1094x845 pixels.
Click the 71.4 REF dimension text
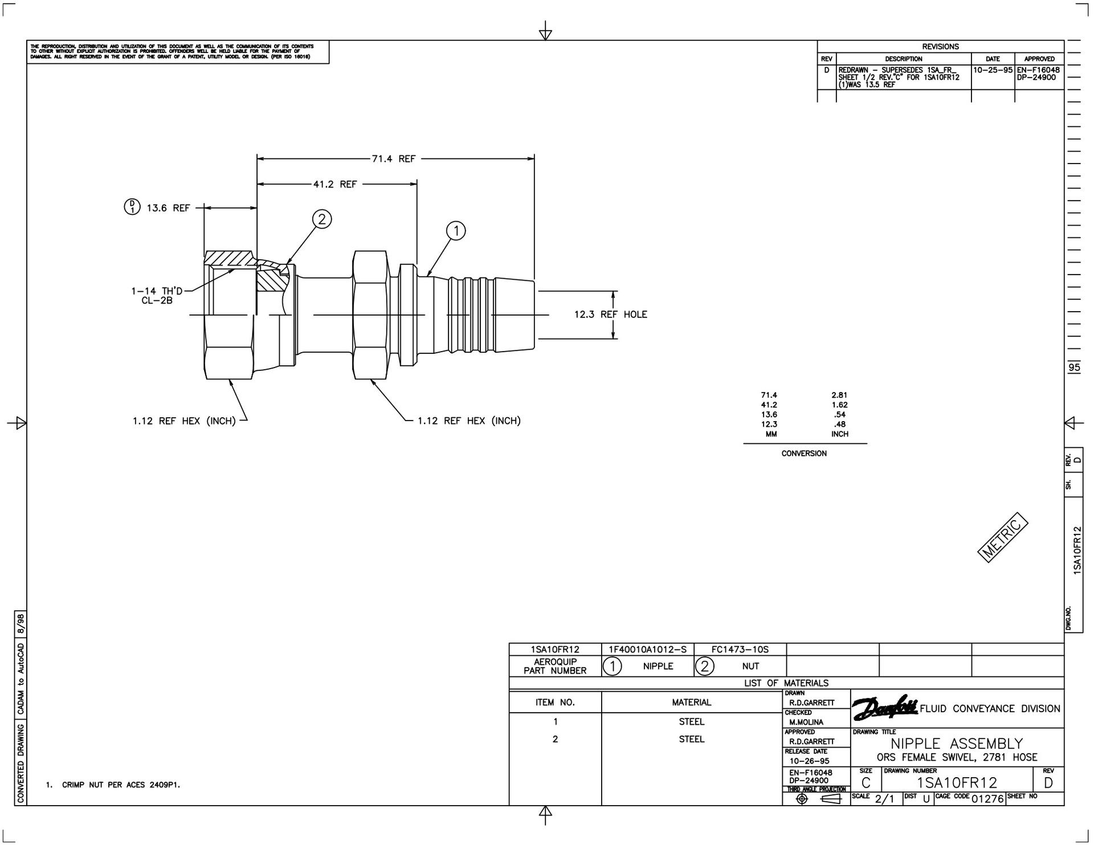[394, 159]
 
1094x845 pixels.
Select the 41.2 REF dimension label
[335, 184]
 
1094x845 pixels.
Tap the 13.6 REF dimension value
[168, 208]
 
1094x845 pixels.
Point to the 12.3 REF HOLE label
[610, 315]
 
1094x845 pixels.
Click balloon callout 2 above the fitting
[322, 219]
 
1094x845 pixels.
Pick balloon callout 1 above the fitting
[456, 231]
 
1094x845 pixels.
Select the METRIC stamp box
[1003, 538]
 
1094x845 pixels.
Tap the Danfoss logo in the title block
[884, 708]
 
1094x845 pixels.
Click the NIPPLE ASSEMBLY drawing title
[957, 744]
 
